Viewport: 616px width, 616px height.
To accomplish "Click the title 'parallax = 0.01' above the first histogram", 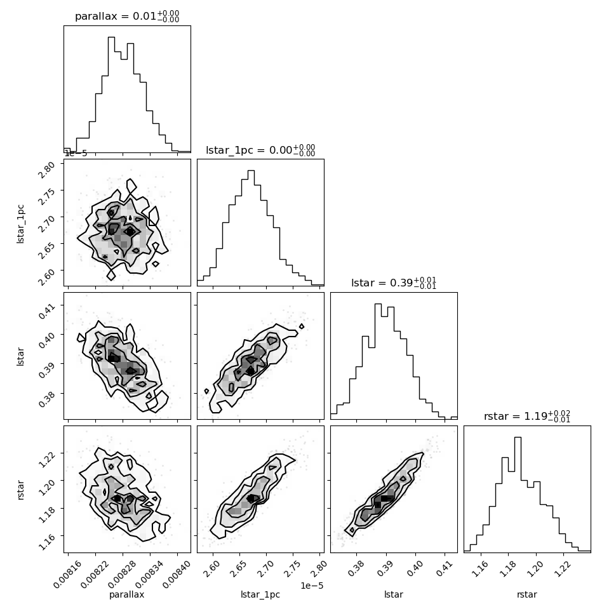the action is (x=116, y=16).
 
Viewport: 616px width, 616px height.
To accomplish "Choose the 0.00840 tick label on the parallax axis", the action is (x=177, y=574).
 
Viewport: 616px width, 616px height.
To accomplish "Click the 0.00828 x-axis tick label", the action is (x=122, y=574).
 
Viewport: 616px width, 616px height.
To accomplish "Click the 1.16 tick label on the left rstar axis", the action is (x=48, y=542).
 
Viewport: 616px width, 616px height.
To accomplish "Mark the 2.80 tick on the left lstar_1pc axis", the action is (x=48, y=170).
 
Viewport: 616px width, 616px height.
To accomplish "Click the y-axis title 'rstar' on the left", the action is (x=20, y=490).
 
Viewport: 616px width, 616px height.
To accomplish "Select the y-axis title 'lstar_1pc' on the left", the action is (x=20, y=224).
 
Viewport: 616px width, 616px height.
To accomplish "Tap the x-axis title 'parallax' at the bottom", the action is (x=126, y=595).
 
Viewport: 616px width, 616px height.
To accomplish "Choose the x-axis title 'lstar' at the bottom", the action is (x=394, y=594).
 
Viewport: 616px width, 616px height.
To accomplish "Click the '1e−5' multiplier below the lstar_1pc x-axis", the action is (x=312, y=586).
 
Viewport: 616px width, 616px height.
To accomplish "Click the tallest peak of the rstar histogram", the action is (x=518, y=438).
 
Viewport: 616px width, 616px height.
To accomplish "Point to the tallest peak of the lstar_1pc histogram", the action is (x=251, y=170).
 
